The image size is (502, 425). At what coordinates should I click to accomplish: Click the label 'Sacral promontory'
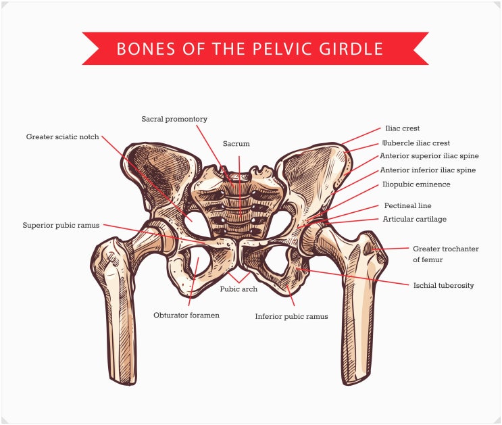coord(174,119)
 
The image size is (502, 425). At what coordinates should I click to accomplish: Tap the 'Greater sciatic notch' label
coord(62,137)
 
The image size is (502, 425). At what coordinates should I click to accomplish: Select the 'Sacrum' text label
coord(236,144)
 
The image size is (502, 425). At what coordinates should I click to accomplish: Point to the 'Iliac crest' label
coord(403,128)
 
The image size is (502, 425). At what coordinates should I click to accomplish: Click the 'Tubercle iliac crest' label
coord(416,143)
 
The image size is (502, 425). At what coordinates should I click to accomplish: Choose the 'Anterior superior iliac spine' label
coord(429,156)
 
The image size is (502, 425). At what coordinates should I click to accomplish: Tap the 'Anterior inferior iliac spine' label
coord(428,170)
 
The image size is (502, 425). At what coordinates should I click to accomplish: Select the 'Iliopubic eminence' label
coord(416,184)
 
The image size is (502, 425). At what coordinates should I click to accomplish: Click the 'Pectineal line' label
coord(407,205)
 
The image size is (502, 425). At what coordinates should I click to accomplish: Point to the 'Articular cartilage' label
coord(415,220)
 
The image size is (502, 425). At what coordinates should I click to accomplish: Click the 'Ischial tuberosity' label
coord(443,285)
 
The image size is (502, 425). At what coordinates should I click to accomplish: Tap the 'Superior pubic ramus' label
coord(61,226)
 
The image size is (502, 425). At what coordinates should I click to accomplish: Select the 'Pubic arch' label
coord(239,289)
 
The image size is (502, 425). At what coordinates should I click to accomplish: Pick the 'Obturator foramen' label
coord(186,315)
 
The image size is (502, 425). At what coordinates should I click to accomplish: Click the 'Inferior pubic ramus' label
coord(291,317)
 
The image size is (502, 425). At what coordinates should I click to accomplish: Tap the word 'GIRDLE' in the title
coord(351,49)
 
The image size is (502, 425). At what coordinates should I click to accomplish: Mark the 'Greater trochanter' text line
coord(446,249)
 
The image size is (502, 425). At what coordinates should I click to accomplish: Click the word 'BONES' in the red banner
coord(146,49)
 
